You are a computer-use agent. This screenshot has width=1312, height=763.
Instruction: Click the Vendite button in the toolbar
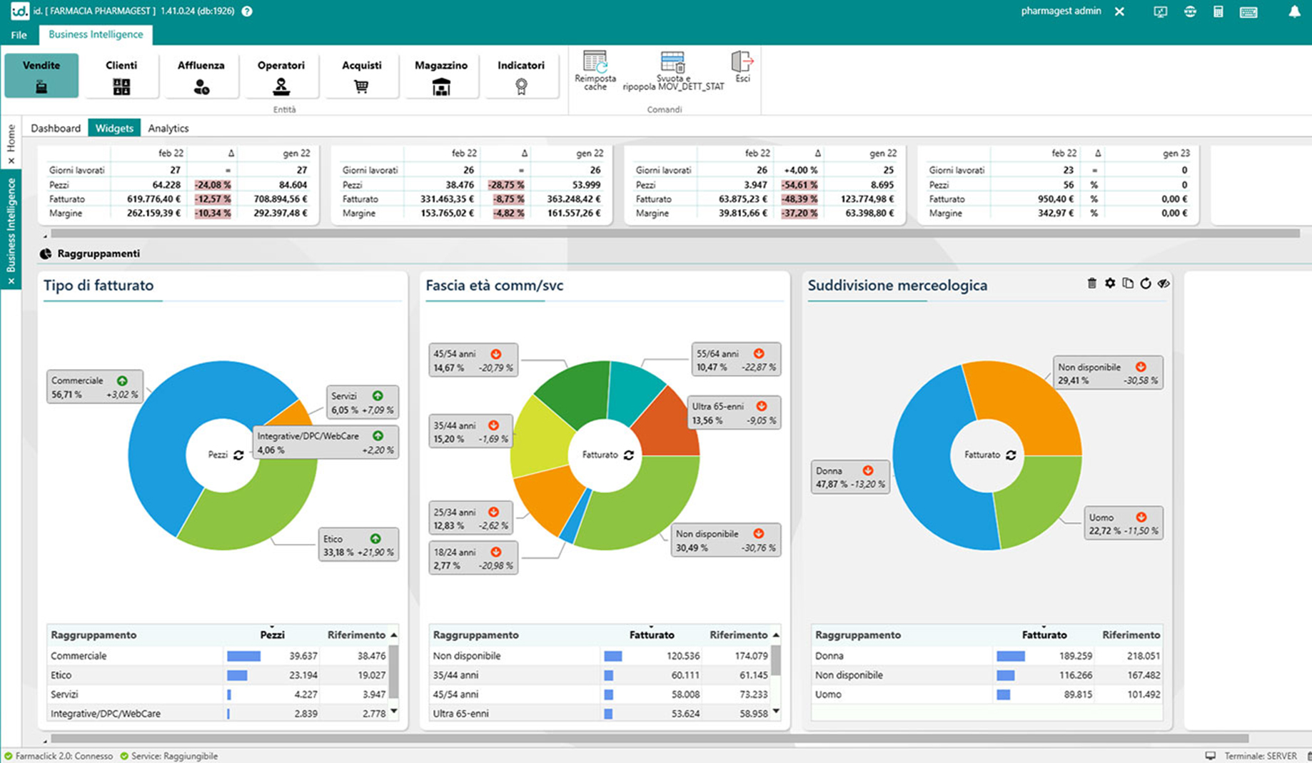click(41, 75)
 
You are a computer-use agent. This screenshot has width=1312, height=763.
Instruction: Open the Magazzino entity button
click(441, 75)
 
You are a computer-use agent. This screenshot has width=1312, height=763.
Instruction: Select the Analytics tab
click(168, 128)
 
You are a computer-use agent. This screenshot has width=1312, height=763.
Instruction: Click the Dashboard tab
click(56, 128)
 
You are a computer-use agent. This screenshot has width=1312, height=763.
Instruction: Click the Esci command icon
click(742, 66)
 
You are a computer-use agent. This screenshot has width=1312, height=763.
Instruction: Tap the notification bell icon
click(1294, 11)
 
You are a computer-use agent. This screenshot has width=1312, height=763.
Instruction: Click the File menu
click(19, 35)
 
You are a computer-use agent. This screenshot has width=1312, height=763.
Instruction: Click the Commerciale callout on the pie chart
click(95, 387)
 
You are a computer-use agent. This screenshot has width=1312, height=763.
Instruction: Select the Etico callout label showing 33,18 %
click(358, 545)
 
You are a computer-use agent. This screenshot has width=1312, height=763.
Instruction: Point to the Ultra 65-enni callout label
click(734, 413)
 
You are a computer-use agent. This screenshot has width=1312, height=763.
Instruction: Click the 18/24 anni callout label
click(473, 558)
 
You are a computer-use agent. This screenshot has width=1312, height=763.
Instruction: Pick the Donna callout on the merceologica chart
click(850, 477)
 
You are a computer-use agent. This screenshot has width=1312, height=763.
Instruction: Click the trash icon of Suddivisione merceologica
click(1091, 283)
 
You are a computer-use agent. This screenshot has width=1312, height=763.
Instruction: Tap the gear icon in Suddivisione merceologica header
click(1110, 283)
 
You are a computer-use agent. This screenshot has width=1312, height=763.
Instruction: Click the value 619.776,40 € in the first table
click(153, 199)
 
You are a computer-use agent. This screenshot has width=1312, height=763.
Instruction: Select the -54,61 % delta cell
click(799, 185)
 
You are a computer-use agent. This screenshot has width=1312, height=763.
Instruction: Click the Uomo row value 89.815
click(1077, 694)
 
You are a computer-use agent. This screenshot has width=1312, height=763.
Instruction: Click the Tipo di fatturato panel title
click(99, 286)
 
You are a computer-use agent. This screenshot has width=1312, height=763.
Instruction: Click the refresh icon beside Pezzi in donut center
click(238, 455)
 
